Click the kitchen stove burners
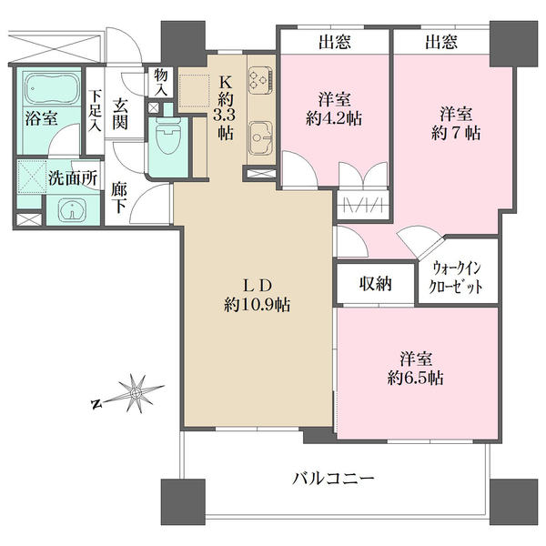click(258, 79)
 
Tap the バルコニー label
click(334, 478)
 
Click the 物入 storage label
click(161, 81)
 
